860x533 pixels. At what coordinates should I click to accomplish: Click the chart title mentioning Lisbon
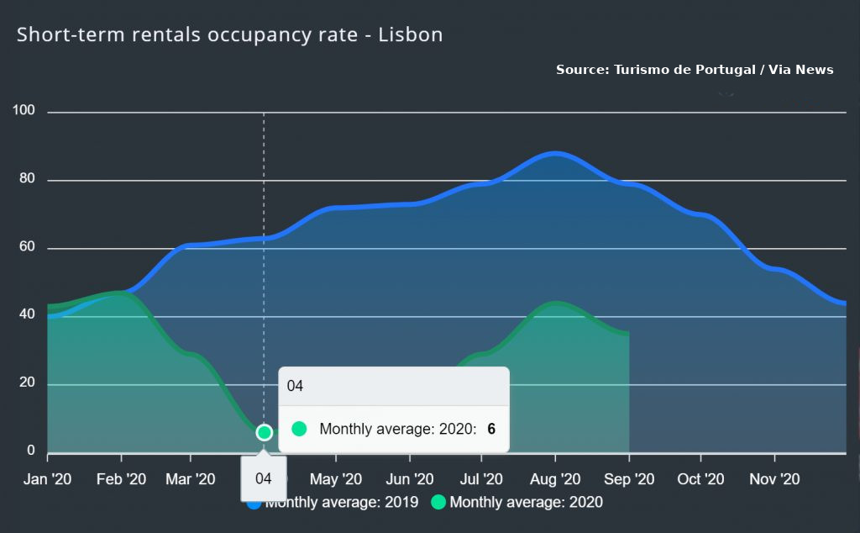[229, 35]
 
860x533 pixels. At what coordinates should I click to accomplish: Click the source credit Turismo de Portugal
[694, 70]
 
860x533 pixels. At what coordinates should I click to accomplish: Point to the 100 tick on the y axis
[23, 111]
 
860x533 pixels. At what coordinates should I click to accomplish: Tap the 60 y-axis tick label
[26, 248]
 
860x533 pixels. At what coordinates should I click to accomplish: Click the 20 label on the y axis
[26, 383]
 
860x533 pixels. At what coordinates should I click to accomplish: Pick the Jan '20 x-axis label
[47, 479]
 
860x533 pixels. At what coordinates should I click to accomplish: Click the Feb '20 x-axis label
[122, 479]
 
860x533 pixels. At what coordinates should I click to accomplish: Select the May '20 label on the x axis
[336, 479]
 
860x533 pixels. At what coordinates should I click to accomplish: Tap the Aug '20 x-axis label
[555, 479]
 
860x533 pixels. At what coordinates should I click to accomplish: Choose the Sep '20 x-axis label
[629, 479]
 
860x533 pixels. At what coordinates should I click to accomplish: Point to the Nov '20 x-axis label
[774, 479]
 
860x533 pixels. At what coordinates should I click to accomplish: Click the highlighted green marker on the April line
[265, 432]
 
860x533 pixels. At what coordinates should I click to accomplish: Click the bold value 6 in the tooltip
[491, 429]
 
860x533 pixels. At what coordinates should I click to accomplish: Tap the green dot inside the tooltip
[299, 429]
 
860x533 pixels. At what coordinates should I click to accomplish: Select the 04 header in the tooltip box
[295, 387]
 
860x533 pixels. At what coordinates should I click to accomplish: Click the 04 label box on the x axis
[264, 479]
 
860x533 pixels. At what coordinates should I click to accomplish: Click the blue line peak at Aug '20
[555, 153]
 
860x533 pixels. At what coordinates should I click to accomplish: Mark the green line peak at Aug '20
[555, 303]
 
